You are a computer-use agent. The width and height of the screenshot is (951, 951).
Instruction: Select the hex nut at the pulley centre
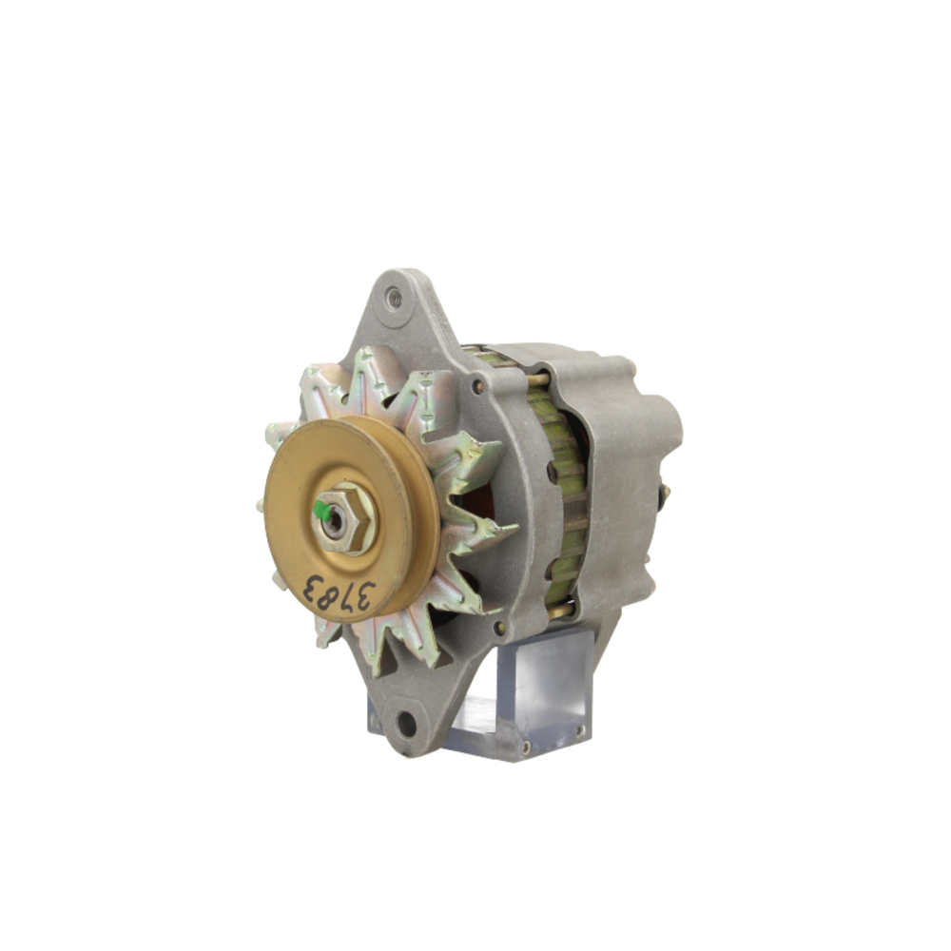pyautogui.click(x=345, y=518)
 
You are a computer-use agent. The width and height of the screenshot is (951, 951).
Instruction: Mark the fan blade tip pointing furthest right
pyautogui.click(x=514, y=527)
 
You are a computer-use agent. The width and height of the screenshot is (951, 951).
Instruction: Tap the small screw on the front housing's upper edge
pyautogui.click(x=477, y=388)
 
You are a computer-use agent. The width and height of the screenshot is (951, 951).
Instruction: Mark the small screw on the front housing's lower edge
pyautogui.click(x=498, y=628)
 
